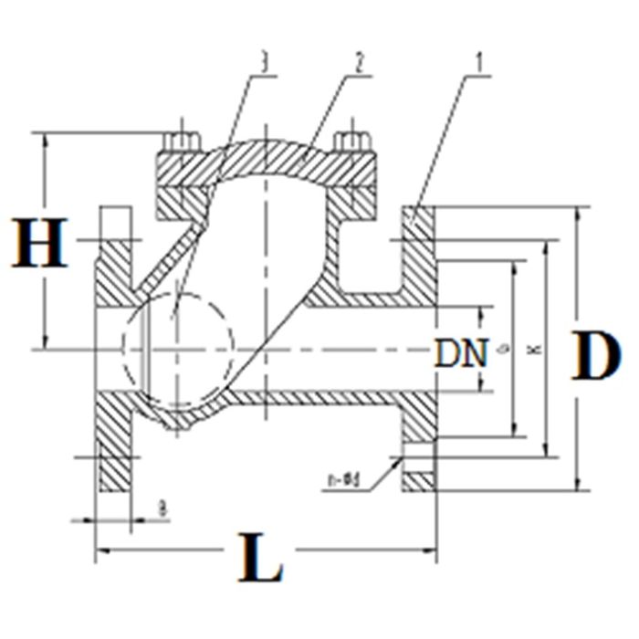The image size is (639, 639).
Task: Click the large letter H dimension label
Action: coord(41,243)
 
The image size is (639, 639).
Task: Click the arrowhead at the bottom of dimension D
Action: coord(577,484)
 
